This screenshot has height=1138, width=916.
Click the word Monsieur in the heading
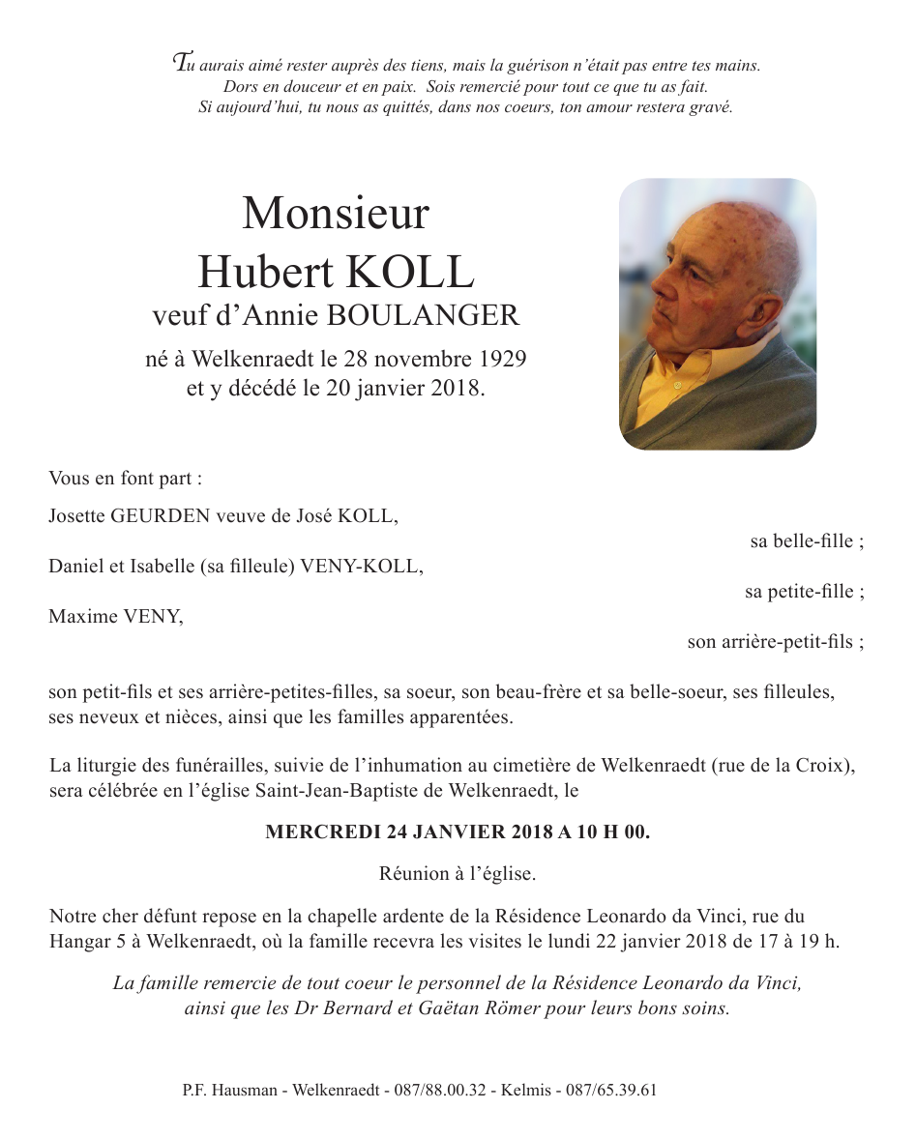pos(335,214)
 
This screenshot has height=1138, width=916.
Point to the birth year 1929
pos(502,361)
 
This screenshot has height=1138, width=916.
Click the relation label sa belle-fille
pos(807,541)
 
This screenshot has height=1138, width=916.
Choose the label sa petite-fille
pos(804,592)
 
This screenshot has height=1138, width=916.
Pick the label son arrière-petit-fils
pos(776,641)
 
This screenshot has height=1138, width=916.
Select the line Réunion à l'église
pos(458,875)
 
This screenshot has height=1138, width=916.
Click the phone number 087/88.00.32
pos(441,1090)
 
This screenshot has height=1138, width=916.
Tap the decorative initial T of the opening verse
pos(180,63)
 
